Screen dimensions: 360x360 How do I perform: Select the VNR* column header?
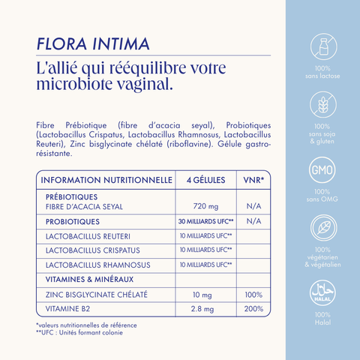[254, 180]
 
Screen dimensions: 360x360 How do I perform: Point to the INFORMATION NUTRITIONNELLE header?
[106, 180]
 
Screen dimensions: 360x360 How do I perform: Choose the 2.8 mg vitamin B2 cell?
[205, 308]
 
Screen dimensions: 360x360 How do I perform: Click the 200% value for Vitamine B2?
[253, 308]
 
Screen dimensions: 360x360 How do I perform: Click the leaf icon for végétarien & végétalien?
[323, 226]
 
